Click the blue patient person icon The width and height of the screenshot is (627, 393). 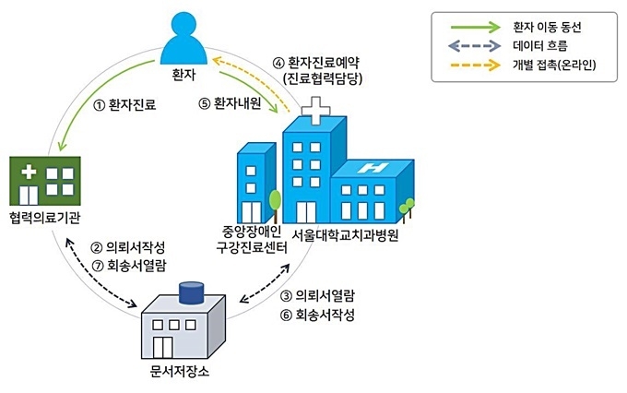click(183, 39)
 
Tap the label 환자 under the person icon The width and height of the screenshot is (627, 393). click(183, 75)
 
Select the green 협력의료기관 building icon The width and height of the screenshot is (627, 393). click(45, 181)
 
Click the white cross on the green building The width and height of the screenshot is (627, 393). click(29, 172)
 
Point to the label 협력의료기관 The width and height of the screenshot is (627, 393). click(45, 218)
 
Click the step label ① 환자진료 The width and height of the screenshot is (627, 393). click(124, 105)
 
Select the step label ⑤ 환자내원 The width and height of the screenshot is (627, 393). click(230, 103)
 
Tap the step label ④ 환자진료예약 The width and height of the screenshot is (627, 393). click(316, 63)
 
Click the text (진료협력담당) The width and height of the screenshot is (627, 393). click(323, 78)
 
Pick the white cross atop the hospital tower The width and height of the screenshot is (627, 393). click(316, 110)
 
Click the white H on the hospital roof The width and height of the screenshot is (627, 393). click(373, 168)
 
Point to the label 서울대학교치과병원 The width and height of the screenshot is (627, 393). click(345, 235)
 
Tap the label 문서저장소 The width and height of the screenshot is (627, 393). click(180, 372)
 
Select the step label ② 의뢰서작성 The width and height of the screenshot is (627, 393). click(128, 247)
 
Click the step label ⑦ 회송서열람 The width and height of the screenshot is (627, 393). click(129, 266)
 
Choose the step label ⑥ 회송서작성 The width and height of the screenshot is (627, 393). click(317, 315)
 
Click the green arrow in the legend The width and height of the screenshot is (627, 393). click(476, 27)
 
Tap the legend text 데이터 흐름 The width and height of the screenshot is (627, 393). click(539, 45)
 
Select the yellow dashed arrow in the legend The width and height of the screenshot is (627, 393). click(476, 65)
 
